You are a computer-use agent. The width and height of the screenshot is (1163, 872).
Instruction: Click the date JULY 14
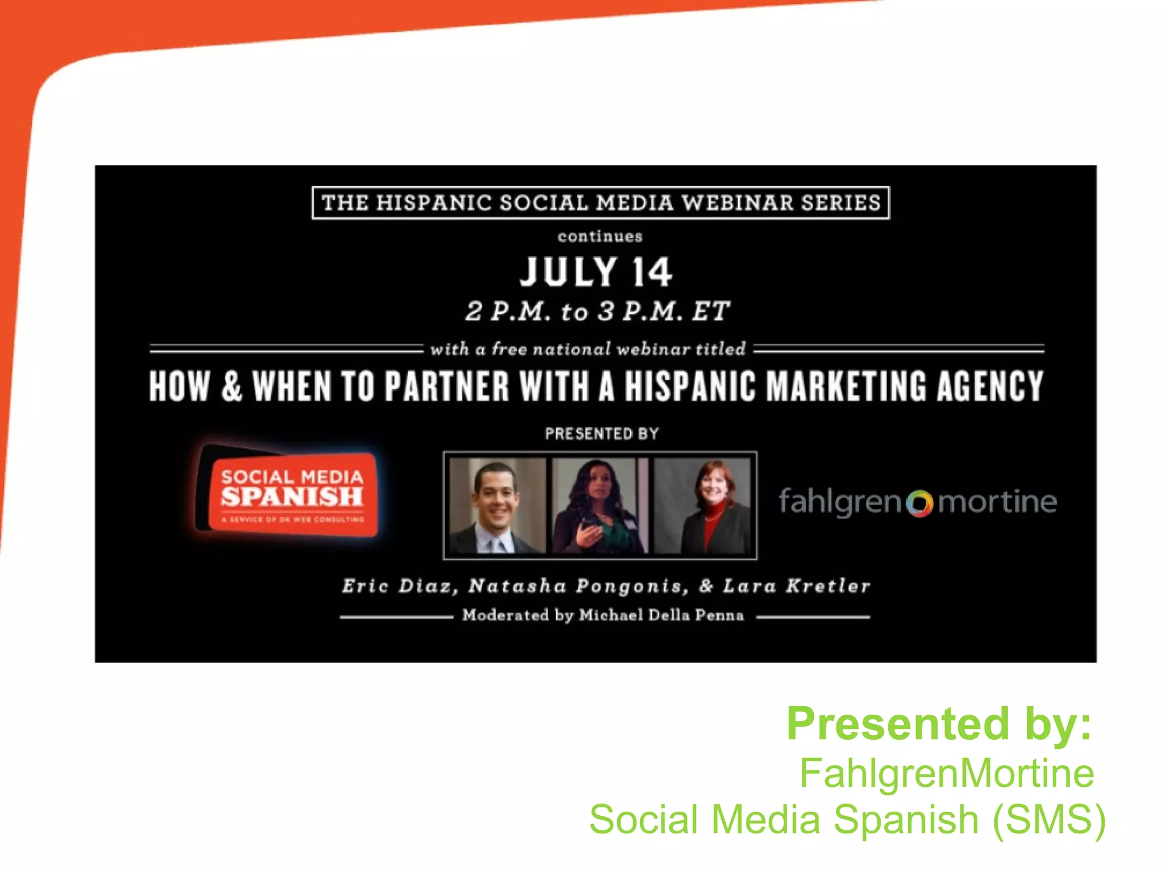click(x=596, y=272)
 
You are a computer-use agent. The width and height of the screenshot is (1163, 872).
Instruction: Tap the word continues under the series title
click(x=600, y=237)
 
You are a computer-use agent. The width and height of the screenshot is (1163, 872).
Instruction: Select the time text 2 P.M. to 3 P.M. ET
click(x=597, y=311)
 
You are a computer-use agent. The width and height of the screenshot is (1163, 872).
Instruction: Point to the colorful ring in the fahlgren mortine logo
click(x=919, y=503)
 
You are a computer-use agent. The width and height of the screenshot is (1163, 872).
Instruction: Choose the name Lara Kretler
click(x=796, y=586)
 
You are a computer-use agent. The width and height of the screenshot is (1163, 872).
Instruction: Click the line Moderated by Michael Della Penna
click(x=603, y=615)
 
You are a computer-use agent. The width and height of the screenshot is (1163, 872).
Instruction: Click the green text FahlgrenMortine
click(x=947, y=773)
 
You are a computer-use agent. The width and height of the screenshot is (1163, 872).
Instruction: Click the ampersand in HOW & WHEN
click(x=231, y=386)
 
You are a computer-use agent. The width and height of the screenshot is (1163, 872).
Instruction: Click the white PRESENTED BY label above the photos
click(x=602, y=434)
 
